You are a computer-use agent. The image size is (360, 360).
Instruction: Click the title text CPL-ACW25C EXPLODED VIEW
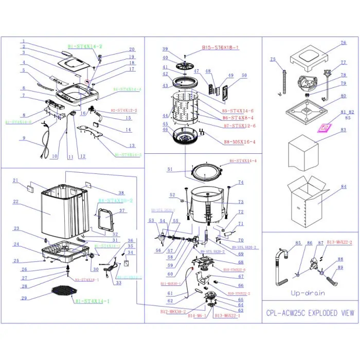(310, 312)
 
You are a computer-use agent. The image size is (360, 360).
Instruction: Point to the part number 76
(343, 44)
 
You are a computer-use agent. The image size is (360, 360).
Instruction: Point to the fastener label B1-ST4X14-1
(92, 301)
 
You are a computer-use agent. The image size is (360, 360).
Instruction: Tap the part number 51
(170, 169)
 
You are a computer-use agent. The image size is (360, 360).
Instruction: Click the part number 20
(132, 49)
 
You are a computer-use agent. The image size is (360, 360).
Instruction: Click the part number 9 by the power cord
(24, 138)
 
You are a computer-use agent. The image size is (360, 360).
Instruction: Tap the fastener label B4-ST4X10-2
(116, 200)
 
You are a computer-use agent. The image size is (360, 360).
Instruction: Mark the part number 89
(340, 267)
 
